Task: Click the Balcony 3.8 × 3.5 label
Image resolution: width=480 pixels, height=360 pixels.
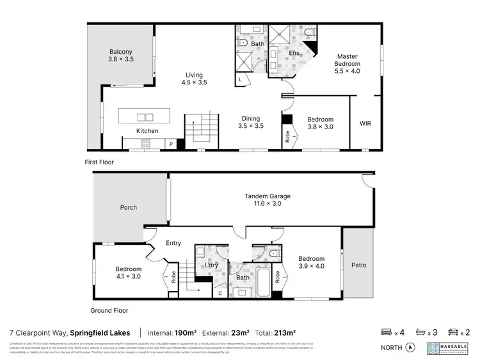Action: click(120, 55)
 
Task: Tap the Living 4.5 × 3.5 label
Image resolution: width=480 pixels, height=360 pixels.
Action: click(194, 79)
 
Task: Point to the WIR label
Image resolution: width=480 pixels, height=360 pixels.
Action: click(365, 123)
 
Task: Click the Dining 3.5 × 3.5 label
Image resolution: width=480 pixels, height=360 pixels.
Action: click(251, 122)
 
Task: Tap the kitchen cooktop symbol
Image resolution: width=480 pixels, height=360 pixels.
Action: click(145, 144)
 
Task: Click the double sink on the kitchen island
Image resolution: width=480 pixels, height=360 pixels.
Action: click(145, 117)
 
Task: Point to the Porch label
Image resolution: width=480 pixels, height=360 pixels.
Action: click(128, 208)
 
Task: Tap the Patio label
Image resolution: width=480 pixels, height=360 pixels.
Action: click(358, 265)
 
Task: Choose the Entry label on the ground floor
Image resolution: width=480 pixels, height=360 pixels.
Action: click(173, 243)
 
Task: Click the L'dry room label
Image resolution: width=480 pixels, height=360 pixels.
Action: click(212, 265)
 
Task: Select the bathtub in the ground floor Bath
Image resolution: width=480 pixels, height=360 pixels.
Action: click(262, 283)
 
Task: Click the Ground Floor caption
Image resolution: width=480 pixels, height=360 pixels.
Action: click(110, 311)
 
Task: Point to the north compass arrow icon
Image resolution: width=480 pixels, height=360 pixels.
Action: click(410, 348)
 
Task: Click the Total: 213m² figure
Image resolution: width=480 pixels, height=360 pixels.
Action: click(277, 333)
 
